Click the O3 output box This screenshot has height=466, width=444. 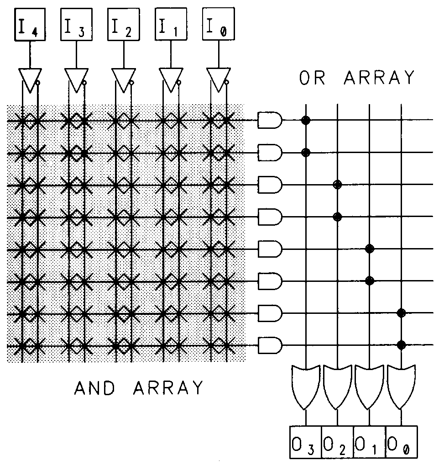point(306,442)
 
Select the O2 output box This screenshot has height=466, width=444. point(338,442)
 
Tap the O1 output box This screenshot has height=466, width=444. point(370,442)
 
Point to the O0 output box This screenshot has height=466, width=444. point(402,442)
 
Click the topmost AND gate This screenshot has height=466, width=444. point(270,121)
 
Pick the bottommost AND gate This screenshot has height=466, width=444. point(270,345)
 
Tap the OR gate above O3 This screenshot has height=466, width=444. point(306,387)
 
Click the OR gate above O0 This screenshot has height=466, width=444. point(402,387)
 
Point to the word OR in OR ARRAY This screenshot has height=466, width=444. point(313,78)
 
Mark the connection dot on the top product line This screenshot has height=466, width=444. point(306,121)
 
